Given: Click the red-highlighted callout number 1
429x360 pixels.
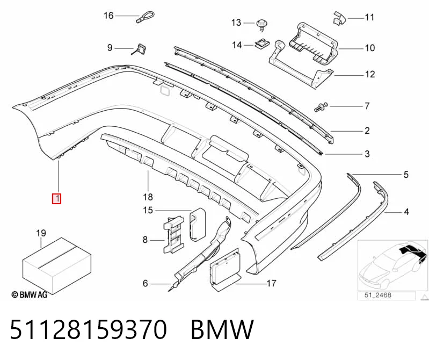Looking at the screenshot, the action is [56, 198].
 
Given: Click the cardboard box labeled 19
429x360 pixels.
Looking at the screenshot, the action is [56, 265].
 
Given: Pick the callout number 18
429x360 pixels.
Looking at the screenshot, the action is [148, 197].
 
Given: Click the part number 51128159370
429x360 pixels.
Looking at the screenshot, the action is [88, 329].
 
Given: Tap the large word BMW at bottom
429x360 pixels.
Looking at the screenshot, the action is [222, 329].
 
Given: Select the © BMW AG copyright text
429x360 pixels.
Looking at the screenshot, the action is [30, 294].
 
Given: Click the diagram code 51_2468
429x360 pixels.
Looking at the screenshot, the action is [377, 295].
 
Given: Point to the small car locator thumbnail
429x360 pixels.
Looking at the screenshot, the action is [392, 265].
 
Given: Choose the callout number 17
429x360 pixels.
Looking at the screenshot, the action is [271, 283].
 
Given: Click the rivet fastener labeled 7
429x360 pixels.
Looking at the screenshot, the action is [321, 106].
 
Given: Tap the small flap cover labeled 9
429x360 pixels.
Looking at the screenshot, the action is [140, 49].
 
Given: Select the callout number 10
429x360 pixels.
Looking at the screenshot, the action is [370, 48].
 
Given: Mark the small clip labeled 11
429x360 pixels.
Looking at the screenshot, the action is [339, 19].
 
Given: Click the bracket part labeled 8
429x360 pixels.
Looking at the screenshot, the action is [173, 234].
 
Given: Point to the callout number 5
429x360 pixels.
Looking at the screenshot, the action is [406, 175].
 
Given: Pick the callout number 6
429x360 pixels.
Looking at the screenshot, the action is [146, 283].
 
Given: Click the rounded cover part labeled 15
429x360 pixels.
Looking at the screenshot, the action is [198, 225].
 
